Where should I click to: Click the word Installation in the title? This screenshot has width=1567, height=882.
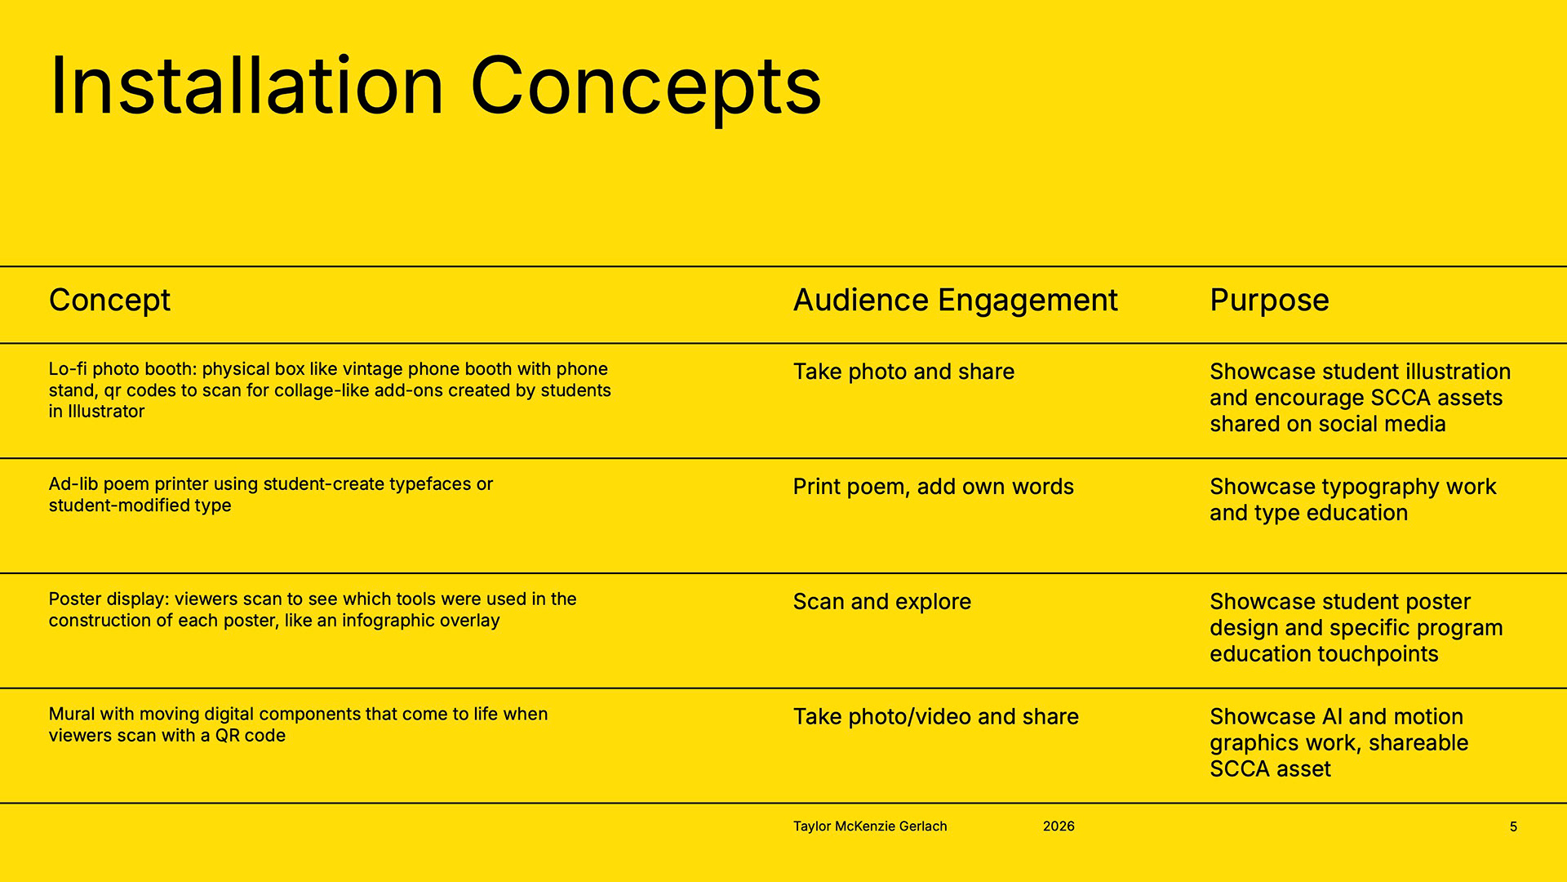coord(246,86)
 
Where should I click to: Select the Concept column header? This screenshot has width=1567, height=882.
coord(109,301)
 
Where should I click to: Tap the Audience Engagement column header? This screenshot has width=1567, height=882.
coord(955,301)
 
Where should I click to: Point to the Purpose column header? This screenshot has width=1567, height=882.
coord(1269,301)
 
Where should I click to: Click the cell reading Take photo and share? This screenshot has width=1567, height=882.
coord(903,372)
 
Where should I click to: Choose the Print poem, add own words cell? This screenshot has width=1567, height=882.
coord(933,487)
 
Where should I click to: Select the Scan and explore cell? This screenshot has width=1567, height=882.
coord(881,602)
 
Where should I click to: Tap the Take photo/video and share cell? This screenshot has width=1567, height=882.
coord(935,717)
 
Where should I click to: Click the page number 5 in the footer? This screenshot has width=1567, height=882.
coord(1513,826)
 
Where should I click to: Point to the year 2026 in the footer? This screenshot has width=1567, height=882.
coord(1059,826)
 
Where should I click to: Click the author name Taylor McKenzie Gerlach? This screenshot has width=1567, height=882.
coord(870,826)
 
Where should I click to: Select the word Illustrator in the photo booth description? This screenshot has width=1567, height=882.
coord(106,412)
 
